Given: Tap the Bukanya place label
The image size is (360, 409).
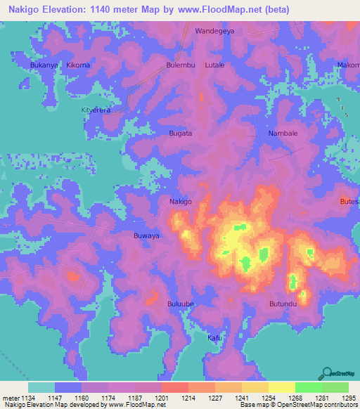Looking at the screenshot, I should click(x=43, y=65).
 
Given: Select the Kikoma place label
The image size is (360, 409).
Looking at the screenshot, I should click(x=78, y=65).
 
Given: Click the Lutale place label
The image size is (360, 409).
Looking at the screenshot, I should click(x=214, y=65).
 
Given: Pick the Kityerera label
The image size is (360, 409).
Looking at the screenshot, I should click(x=97, y=110).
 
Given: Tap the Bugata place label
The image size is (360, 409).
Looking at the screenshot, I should click(x=181, y=133).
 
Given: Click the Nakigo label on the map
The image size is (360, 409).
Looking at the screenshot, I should click(x=181, y=202).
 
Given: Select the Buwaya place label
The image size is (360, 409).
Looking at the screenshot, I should click(x=146, y=236).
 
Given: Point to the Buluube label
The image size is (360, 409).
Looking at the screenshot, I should click(x=181, y=304).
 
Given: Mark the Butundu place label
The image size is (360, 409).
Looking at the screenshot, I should click(x=284, y=304).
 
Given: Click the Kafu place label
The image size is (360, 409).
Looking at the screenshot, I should click(x=214, y=338).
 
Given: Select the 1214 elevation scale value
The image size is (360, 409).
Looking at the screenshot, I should click(x=188, y=397).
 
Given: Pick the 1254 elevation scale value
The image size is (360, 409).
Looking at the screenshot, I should click(x=268, y=397).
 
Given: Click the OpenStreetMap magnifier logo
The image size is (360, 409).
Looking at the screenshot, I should click(x=327, y=373).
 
